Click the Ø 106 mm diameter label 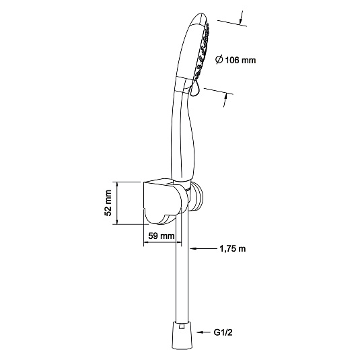[x=236, y=60]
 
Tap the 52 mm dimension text [x=108, y=203]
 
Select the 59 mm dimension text [x=161, y=236]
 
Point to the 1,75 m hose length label [x=233, y=248]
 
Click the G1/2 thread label [x=223, y=332]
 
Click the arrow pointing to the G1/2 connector [x=203, y=332]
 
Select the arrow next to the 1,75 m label [x=203, y=248]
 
